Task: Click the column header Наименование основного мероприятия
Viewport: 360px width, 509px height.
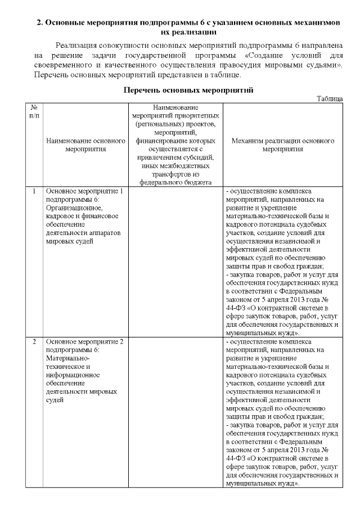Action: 85,146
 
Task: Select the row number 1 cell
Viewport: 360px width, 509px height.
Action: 34,191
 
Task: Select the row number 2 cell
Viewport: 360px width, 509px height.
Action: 34,341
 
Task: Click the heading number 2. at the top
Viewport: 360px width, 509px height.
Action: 40,23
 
